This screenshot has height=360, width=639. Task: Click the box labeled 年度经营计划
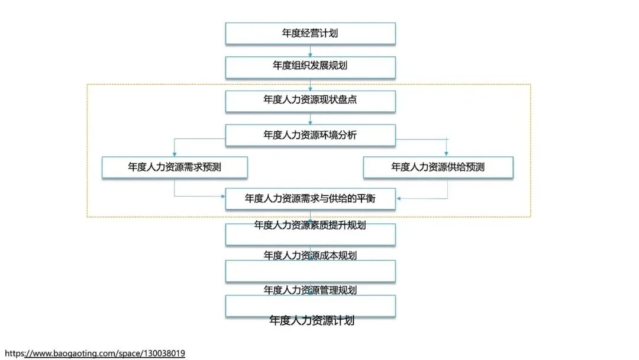coord(310,33)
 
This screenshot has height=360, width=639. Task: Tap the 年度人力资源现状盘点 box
coord(310,100)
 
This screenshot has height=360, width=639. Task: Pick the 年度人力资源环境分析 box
coord(310,135)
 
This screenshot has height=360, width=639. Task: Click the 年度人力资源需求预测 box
coord(175,167)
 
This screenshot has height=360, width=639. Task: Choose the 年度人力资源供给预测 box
coord(438,167)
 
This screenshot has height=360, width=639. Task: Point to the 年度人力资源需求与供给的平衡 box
coord(310,199)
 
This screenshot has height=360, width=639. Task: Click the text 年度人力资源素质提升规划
coord(310,225)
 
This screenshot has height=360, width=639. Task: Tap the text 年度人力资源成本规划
coord(310,256)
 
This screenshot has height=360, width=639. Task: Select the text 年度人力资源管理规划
coord(310,290)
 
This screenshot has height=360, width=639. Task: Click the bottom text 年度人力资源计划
coord(312,321)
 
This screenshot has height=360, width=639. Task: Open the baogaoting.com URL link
coord(95,353)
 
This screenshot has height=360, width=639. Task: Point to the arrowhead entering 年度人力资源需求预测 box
coord(175,154)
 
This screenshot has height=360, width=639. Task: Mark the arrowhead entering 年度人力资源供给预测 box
coord(446,154)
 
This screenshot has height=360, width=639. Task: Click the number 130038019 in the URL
coord(163,353)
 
